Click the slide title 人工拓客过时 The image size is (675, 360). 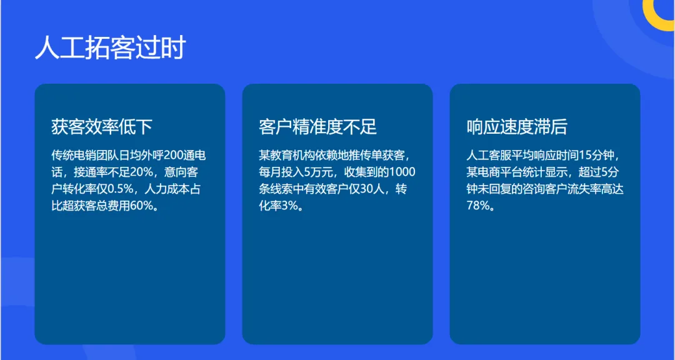(x=110, y=48)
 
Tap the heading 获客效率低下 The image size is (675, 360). (x=102, y=127)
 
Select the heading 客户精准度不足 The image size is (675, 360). (x=317, y=127)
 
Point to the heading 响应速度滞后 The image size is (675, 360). (x=517, y=127)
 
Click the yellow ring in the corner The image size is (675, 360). (x=661, y=14)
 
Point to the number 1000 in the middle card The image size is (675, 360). (x=402, y=172)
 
